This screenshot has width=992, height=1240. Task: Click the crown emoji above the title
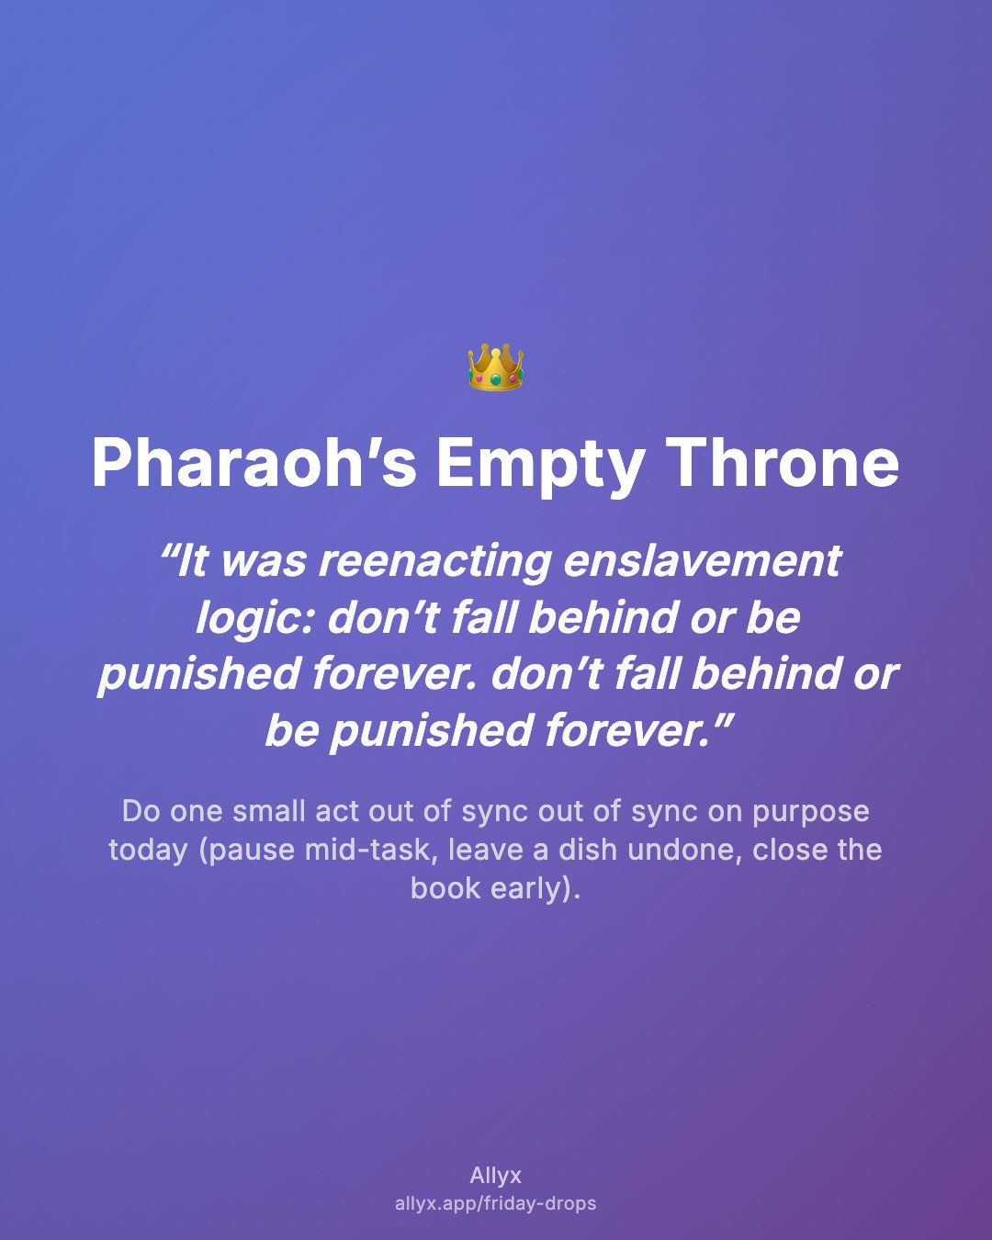[x=496, y=367]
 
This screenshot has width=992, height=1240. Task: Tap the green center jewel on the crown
[x=496, y=379]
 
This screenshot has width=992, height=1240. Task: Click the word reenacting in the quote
[x=435, y=561]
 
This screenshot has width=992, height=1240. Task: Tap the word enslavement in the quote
[x=703, y=561]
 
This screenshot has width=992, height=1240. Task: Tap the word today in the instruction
[x=148, y=851]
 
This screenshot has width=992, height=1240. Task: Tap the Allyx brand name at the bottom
[x=496, y=1175]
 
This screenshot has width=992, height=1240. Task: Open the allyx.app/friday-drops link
[x=496, y=1203]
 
